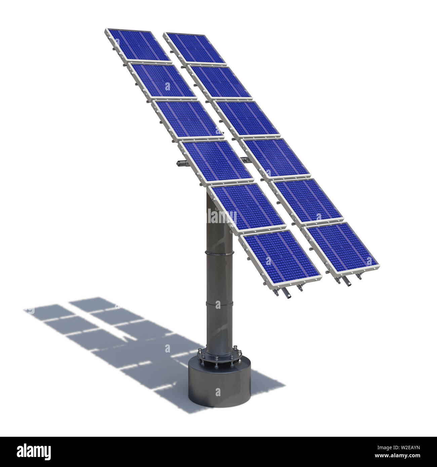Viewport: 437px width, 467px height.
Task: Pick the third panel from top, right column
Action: click(x=247, y=119)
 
